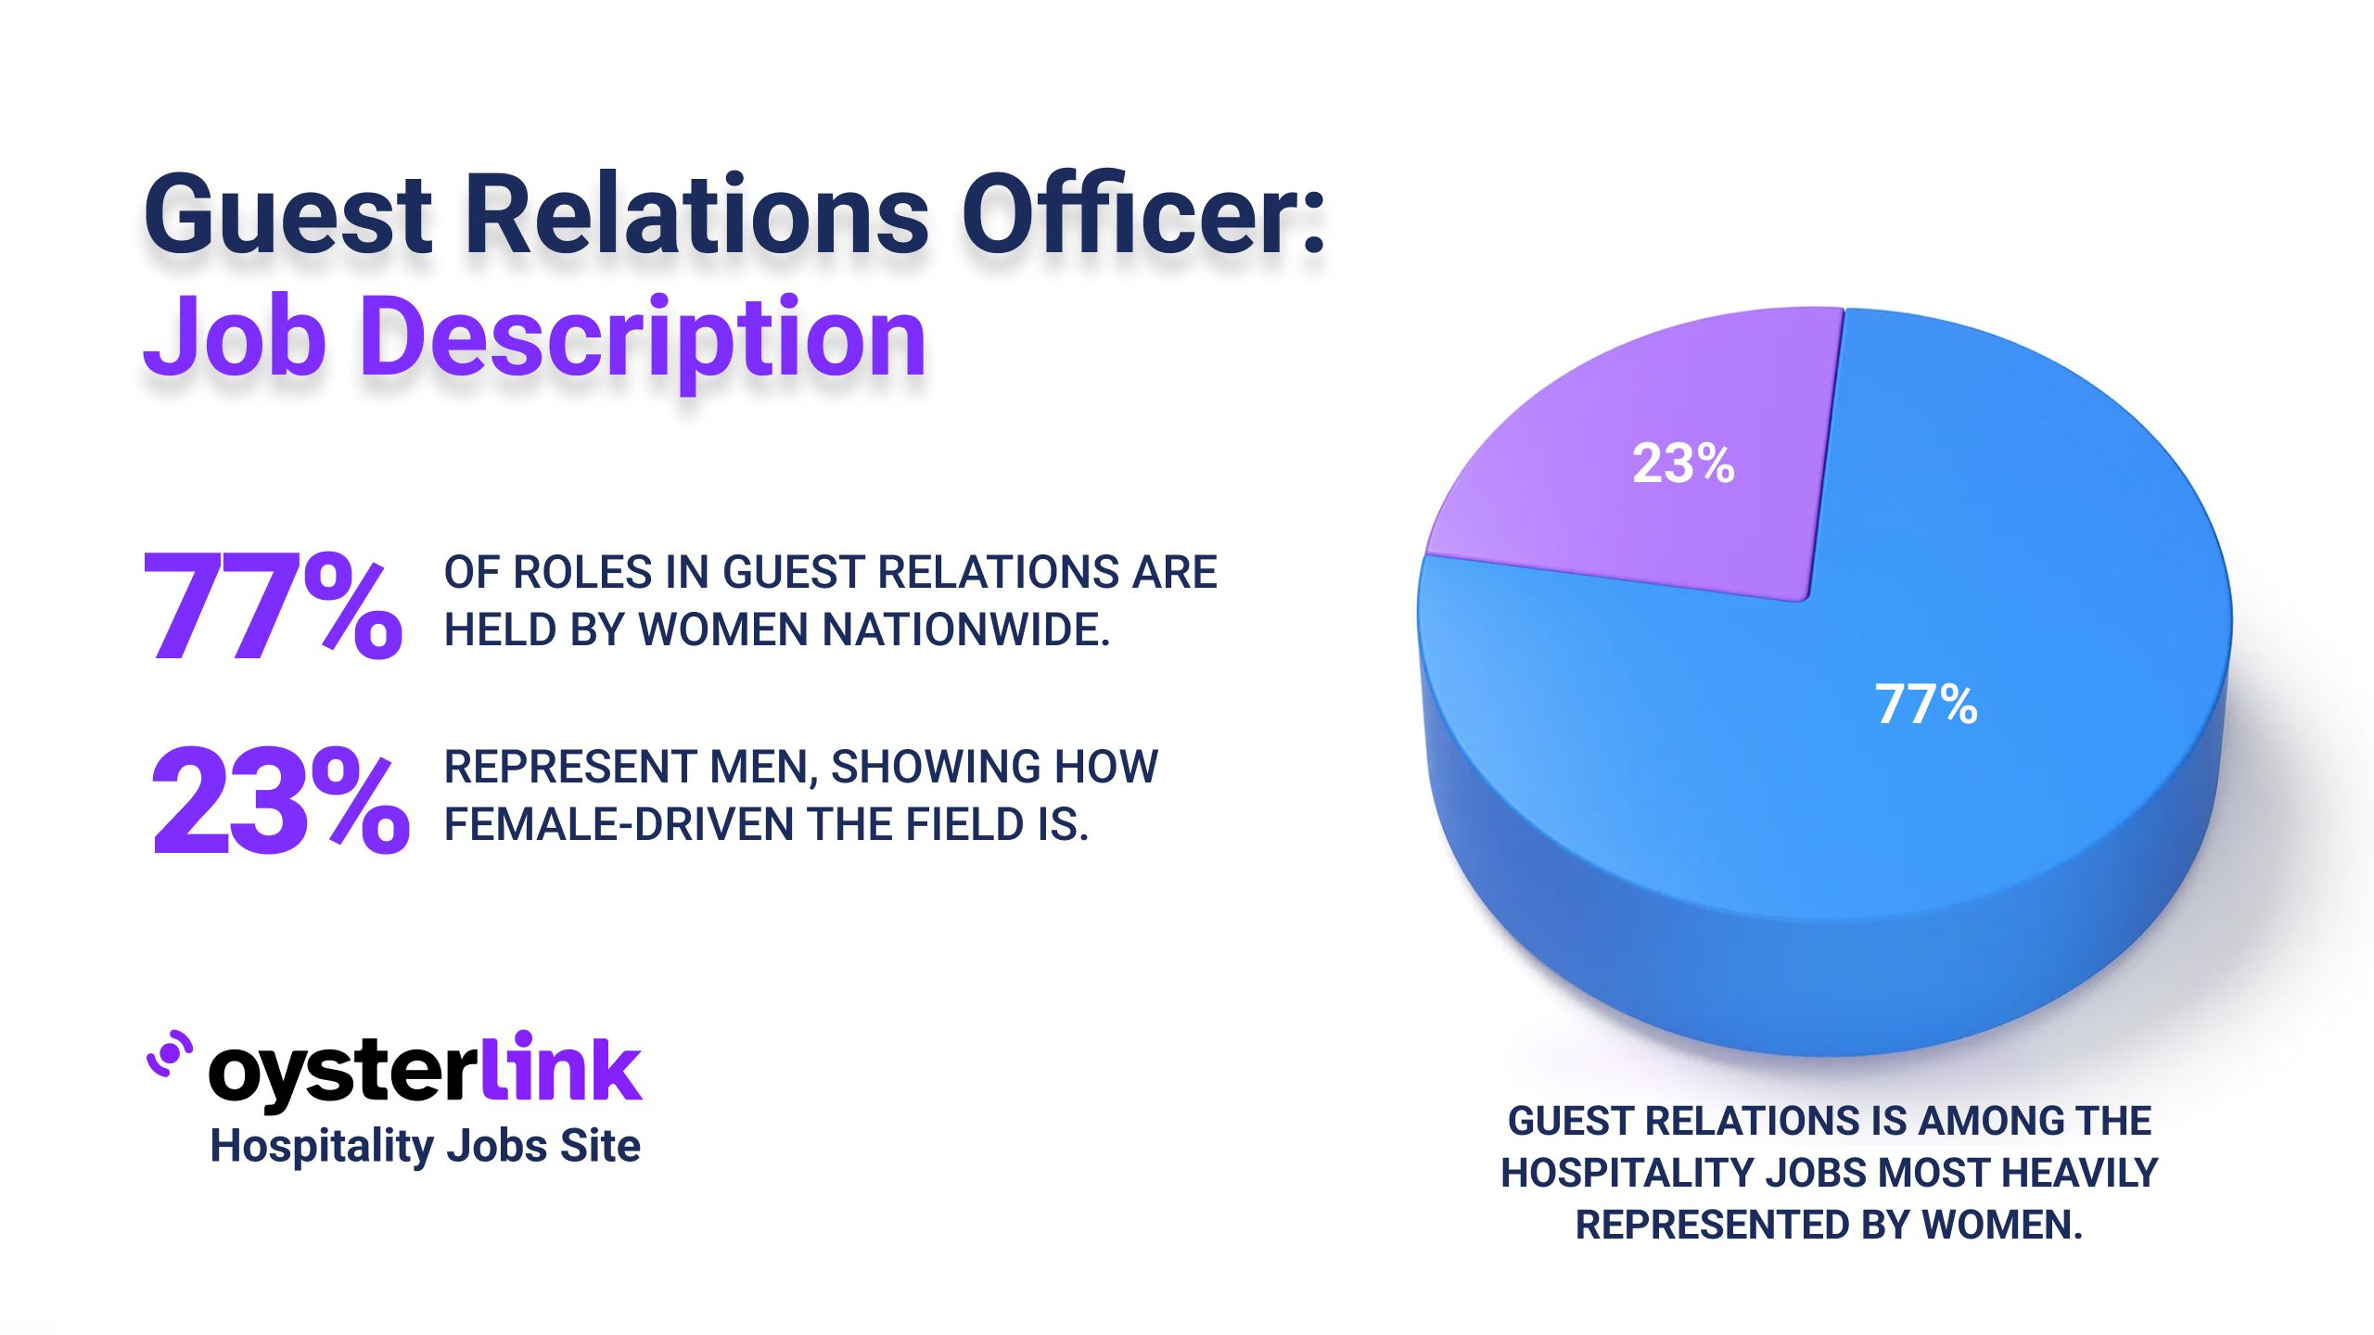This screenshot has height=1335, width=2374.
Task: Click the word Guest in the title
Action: (288, 215)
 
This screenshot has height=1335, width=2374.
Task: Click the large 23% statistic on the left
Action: (279, 801)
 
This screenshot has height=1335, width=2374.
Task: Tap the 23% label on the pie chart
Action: (1683, 464)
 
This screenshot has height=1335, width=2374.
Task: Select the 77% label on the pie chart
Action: (1926, 705)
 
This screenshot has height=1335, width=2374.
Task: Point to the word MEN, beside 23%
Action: (763, 768)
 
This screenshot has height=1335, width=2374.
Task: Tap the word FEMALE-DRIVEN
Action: (619, 825)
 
